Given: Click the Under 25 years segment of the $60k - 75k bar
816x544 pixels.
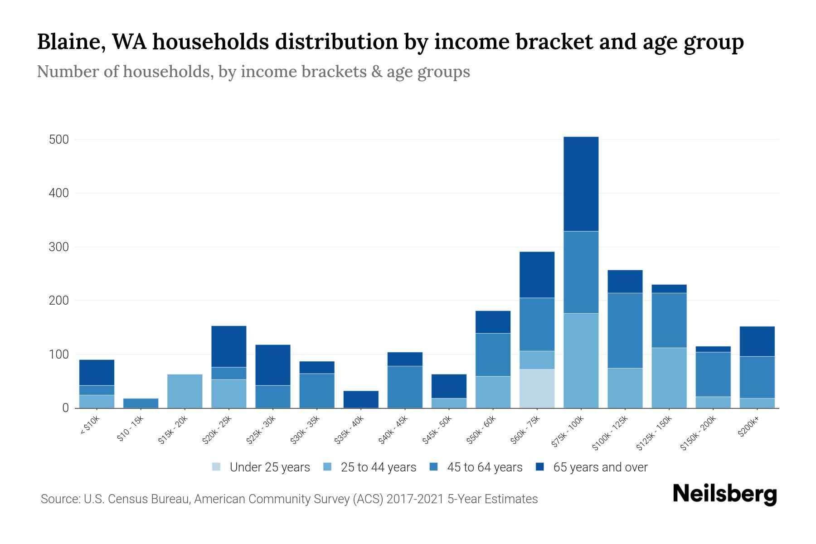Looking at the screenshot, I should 537,389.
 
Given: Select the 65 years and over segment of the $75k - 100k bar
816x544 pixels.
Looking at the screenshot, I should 581,184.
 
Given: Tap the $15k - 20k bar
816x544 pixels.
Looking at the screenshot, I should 185,391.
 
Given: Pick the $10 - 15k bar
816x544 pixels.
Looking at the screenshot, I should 141,403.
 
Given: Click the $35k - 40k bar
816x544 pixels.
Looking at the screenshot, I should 361,399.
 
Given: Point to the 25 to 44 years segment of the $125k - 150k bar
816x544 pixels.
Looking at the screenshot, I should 669,378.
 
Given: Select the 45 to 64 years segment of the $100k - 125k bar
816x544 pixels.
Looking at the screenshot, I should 625,330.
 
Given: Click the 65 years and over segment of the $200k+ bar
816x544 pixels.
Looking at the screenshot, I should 757,341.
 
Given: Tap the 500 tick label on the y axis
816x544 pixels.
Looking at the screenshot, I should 58,140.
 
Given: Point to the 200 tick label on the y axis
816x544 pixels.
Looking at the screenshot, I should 58,301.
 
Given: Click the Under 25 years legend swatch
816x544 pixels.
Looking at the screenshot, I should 217,467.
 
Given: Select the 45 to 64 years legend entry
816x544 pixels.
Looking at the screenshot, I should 476,467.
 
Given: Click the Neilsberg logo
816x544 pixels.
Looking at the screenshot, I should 724,494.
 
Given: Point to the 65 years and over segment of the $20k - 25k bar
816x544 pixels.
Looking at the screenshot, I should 229,346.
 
